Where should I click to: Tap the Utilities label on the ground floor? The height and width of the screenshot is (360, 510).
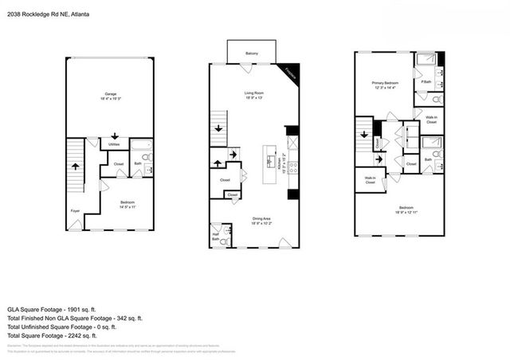115,145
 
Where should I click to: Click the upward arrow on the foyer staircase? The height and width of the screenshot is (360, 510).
76,167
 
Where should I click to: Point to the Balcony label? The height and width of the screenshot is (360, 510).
251,54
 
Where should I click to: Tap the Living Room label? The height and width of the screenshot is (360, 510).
255,93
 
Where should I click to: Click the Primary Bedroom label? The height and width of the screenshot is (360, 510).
384,83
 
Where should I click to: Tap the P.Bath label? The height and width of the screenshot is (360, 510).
426,82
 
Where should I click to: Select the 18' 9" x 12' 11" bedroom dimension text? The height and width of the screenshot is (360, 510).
406,212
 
